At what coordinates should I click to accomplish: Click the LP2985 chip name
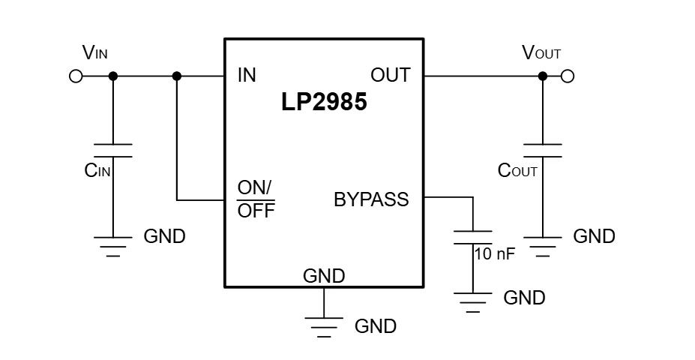point(324,103)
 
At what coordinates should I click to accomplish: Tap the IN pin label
point(247,75)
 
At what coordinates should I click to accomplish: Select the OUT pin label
point(390,75)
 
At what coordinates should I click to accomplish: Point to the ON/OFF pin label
point(256,199)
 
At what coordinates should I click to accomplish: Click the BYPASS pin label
point(371,199)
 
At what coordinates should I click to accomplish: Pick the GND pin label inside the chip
point(324,275)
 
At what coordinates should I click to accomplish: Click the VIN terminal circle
point(75,76)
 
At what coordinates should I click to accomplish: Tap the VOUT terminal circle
point(568,76)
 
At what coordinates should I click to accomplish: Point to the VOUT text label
point(541,52)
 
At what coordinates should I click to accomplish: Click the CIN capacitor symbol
point(113,150)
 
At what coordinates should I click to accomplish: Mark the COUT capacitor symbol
point(542,150)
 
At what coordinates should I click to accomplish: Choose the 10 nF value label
point(495,253)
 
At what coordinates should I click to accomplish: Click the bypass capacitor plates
point(473,238)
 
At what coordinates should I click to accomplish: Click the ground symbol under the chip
point(324,325)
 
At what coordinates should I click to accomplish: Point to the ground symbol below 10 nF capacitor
point(473,304)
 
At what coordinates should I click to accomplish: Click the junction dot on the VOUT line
point(542,76)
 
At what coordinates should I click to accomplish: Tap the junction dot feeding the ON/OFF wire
point(177,76)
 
